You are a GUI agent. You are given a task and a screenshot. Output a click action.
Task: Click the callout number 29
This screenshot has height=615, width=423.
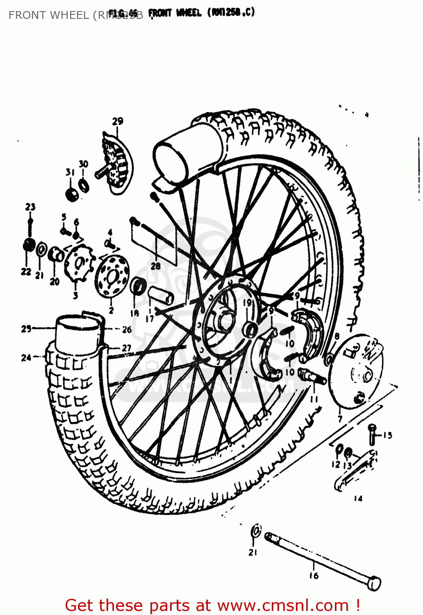pos(118,121)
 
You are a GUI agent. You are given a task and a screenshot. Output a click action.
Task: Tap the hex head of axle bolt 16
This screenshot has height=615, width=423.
pos(374,583)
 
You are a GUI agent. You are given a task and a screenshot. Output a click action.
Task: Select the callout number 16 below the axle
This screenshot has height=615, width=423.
pos(314,576)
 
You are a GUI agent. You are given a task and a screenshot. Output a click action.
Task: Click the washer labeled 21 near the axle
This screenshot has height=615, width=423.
pos(255,531)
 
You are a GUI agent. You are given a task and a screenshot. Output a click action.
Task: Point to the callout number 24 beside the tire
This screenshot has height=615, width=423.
pos(26,358)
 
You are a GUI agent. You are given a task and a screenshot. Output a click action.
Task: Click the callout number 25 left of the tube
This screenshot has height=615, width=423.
pos(26,329)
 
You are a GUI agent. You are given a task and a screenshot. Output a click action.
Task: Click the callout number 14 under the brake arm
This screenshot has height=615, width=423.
pos(358,499)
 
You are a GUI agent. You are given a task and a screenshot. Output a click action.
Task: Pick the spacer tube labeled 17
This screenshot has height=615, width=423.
pos(161,295)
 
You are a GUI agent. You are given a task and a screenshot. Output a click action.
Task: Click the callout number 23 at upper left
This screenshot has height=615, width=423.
pos(30,207)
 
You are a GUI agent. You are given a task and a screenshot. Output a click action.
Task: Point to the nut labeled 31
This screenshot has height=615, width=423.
pos(72,194)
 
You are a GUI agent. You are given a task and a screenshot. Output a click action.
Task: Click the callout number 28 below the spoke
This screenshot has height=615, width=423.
pos(155,266)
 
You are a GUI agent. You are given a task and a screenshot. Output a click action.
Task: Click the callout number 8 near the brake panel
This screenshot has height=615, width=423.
pos(337,337)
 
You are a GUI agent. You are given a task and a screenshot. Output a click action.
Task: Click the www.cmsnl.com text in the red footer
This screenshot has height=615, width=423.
pos(283,605)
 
